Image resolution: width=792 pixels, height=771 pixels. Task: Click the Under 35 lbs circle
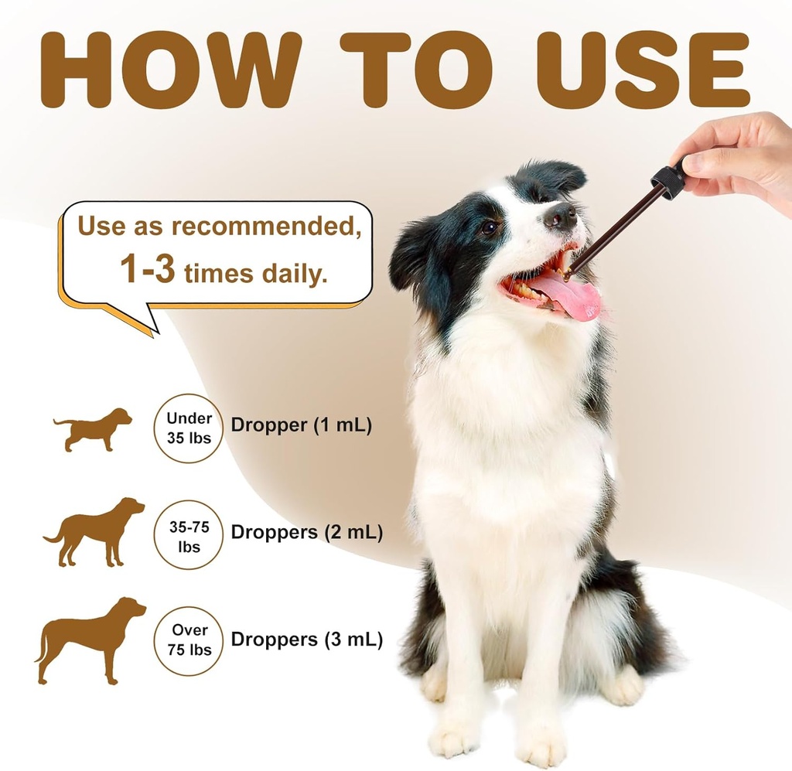189,428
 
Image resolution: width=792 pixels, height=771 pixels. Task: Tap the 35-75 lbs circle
189,535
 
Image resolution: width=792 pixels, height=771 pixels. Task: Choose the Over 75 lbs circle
189,640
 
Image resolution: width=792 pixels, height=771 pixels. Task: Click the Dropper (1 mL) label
301,425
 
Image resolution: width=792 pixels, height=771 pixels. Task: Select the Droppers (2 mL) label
306,533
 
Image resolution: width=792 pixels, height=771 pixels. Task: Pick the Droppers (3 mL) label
306,640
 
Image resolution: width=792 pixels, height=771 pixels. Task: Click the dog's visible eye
489,227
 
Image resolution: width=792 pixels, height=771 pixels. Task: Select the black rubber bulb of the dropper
668,180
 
